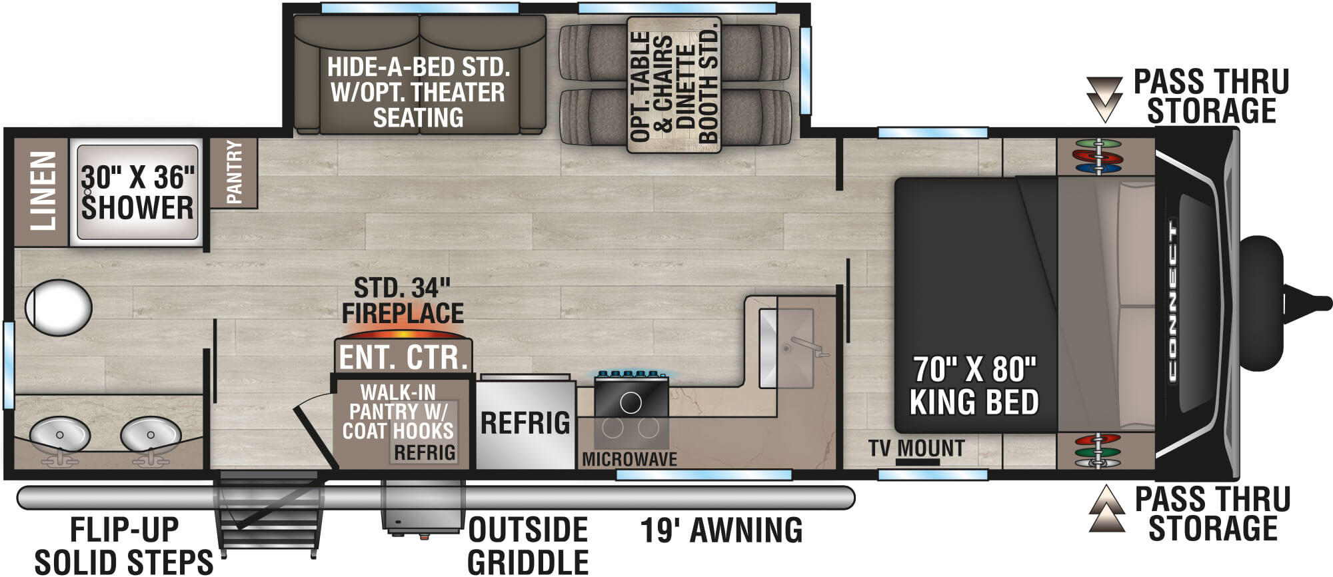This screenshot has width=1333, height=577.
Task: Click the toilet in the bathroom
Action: point(58,308)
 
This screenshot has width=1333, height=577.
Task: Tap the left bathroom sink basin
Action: point(60,436)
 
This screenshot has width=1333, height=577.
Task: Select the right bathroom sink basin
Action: point(151,435)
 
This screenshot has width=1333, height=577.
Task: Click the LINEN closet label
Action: point(41,191)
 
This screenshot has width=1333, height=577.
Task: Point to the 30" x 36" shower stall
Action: point(138,192)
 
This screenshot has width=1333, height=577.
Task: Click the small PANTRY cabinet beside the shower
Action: point(234,172)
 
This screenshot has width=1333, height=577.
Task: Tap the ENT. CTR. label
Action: point(403,357)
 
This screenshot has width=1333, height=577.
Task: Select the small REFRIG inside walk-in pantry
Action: point(424,452)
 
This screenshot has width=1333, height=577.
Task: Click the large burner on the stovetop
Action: point(631,402)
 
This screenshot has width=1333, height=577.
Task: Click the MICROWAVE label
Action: point(629,459)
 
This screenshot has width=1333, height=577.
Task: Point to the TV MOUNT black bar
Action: point(917,462)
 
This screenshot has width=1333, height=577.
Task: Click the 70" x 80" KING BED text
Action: point(974,386)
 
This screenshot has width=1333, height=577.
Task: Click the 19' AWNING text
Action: point(721,531)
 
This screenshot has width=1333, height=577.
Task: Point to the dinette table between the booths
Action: point(674,85)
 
